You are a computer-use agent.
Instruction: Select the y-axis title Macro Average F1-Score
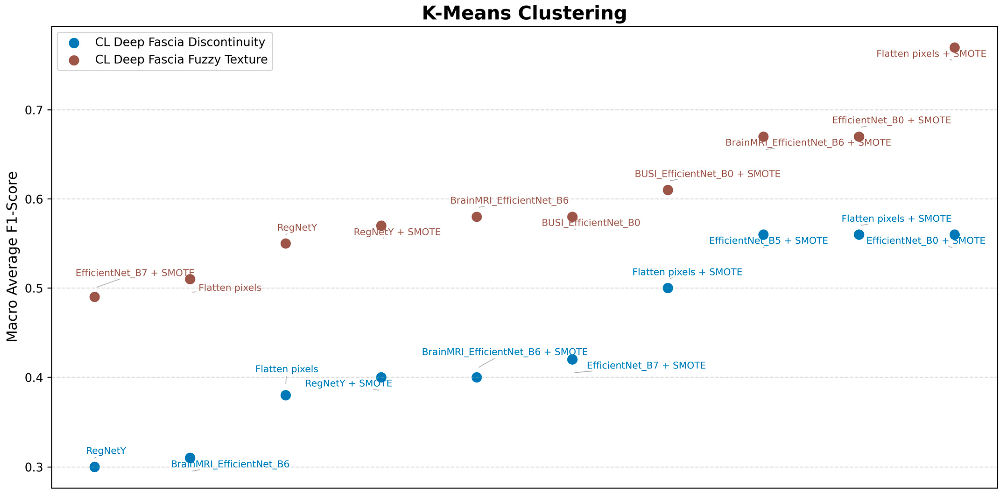12,257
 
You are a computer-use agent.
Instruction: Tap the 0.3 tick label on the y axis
34,467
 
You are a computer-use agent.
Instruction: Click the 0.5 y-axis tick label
34,289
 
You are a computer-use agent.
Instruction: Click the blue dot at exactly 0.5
668,288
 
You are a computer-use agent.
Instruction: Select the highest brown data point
954,48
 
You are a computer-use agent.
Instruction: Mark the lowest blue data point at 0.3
95,467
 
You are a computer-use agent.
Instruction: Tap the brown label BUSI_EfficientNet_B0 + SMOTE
708,174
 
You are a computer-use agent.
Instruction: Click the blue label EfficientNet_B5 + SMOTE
768,241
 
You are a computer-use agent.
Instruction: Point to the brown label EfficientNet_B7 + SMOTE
135,273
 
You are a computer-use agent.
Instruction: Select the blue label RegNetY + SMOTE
348,383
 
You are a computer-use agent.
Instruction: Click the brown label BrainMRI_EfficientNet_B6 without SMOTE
509,201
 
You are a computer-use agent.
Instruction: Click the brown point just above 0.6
668,190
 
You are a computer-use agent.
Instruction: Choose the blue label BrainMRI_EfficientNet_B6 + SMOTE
505,352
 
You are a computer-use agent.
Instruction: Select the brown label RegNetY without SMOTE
297,227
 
